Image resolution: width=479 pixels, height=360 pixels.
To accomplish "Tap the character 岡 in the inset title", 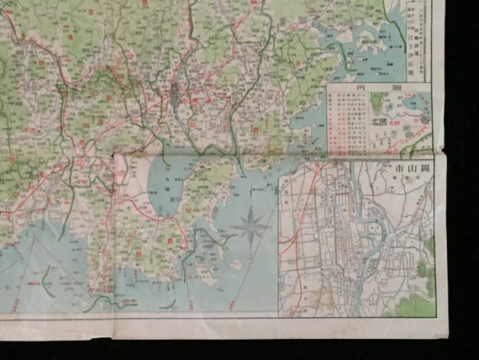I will tap(424, 168).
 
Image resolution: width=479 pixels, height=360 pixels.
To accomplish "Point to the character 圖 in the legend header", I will tap(408, 87).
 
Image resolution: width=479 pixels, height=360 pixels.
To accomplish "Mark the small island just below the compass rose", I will tap(236, 262).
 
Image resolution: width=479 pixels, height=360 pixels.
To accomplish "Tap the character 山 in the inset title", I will tap(409, 168).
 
